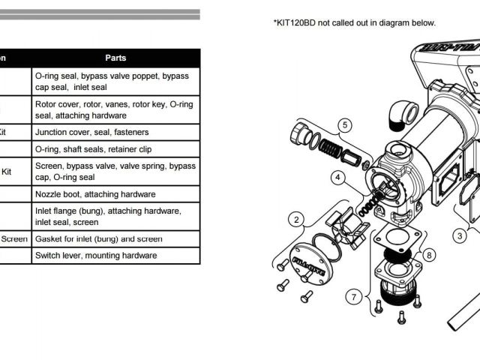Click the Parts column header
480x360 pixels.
[x=116, y=58]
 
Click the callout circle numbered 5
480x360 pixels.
[x=344, y=125]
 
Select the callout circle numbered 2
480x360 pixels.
[x=298, y=219]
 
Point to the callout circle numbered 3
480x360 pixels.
[x=460, y=235]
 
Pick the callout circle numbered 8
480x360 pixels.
[x=429, y=255]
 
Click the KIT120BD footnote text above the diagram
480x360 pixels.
[x=354, y=22]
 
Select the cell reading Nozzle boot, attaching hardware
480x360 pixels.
[x=116, y=194]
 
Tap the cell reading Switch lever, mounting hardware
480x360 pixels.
[x=116, y=256]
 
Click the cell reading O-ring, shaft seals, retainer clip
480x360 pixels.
[x=116, y=149]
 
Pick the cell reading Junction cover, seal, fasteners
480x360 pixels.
[x=116, y=132]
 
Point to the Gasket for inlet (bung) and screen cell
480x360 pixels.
[x=116, y=239]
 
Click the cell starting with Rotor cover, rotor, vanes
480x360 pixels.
[x=116, y=109]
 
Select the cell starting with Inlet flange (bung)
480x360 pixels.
[x=116, y=217]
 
